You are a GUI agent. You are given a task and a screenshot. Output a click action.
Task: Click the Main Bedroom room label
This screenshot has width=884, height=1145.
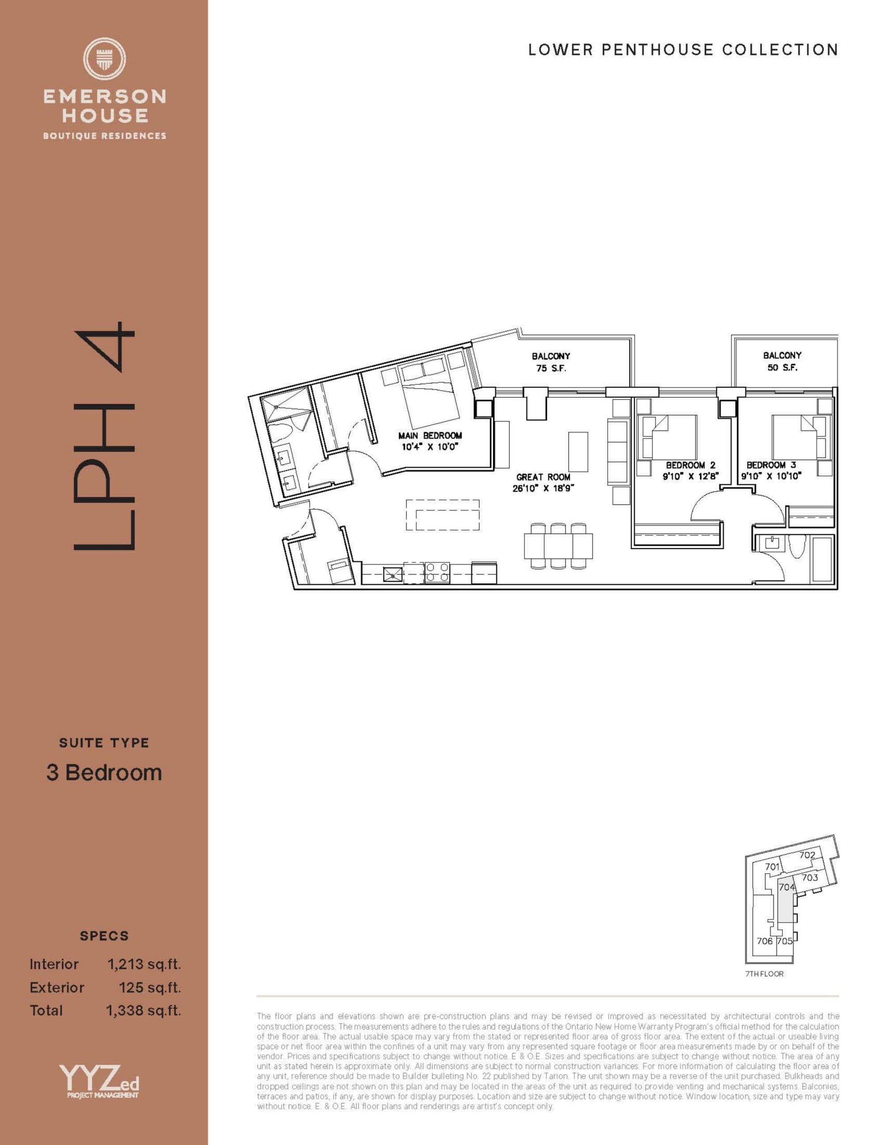[429, 435]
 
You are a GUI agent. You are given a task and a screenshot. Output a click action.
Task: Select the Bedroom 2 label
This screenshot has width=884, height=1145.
[690, 465]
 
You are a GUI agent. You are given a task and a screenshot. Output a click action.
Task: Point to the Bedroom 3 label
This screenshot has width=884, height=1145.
[771, 465]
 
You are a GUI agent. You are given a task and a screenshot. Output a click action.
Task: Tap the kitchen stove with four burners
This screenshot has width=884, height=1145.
[437, 572]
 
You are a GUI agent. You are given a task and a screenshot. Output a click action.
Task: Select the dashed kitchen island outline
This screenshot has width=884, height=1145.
[443, 515]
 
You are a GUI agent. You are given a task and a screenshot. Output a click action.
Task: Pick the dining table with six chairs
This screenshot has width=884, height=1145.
[558, 545]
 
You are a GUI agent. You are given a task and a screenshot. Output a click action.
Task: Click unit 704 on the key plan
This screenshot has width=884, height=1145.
[786, 886]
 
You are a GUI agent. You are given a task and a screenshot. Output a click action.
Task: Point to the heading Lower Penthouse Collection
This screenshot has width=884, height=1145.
[683, 50]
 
